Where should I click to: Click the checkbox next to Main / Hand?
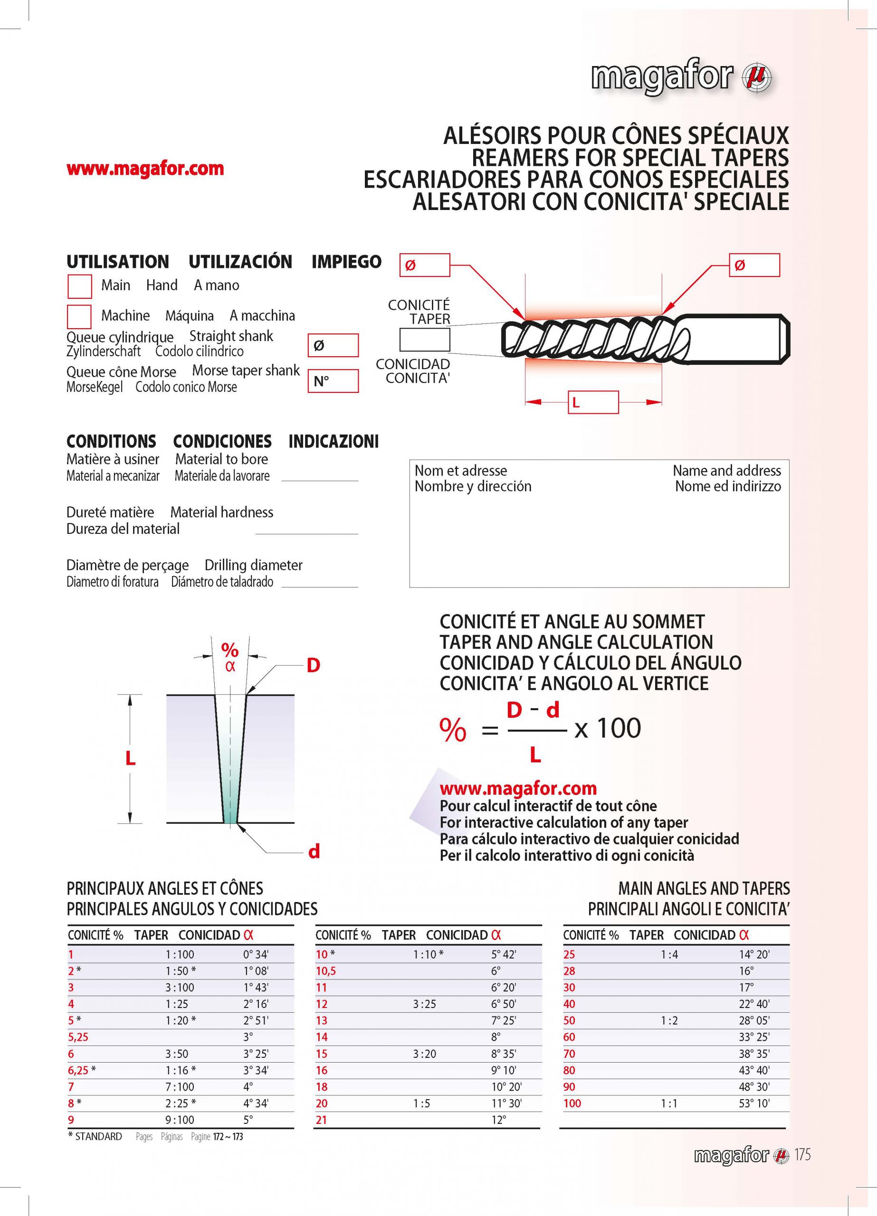coord(79,286)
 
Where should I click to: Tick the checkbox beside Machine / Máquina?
coord(79,316)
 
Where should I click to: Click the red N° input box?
coord(333,381)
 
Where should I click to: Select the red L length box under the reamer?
coord(593,402)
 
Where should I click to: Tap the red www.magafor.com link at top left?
coord(145,169)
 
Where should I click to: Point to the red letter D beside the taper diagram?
coord(313,665)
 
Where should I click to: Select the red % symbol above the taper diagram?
coord(230,650)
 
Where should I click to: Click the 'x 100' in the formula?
coord(607,728)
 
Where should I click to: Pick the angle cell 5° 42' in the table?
coord(503,954)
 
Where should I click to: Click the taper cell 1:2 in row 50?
coord(669,1020)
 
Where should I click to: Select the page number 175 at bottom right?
coord(802,1155)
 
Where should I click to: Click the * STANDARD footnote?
coord(95,1137)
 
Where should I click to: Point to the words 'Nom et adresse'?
coord(460,471)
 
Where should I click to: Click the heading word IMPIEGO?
coord(346,262)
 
